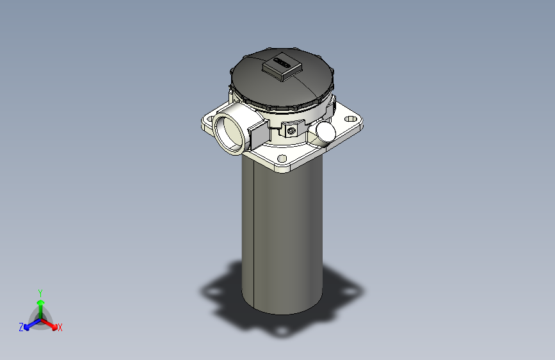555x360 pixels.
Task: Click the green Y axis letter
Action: tap(40, 291)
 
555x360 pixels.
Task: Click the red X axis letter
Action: tap(60, 327)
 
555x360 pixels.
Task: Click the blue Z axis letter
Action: tap(21, 327)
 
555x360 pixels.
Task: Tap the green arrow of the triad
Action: tap(40, 305)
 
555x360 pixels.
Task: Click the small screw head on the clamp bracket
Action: tap(292, 130)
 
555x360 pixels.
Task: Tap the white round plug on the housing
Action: tap(325, 131)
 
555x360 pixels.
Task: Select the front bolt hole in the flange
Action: tap(282, 158)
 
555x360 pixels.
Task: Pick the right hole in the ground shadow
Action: tap(351, 291)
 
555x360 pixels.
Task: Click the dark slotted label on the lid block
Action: tap(281, 63)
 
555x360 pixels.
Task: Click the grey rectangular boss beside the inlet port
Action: tap(257, 133)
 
